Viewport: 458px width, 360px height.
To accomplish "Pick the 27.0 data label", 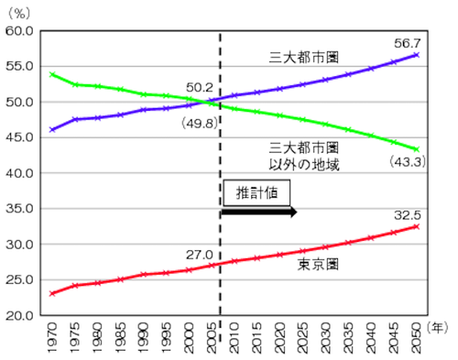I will [199, 253].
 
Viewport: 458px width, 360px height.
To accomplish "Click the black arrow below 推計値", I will [259, 212].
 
